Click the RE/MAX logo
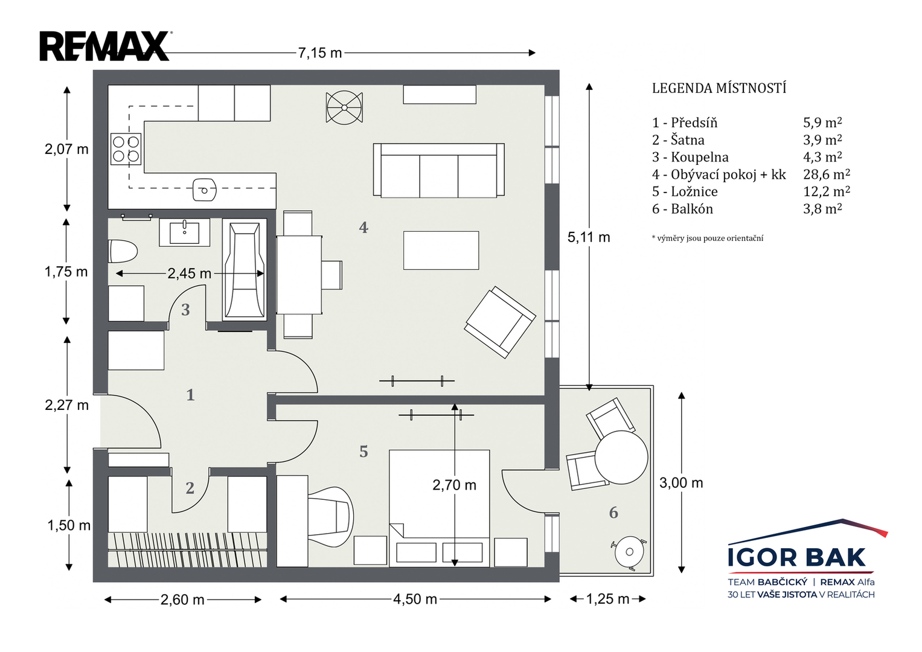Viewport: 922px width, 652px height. click(106, 46)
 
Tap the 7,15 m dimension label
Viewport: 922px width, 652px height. click(320, 53)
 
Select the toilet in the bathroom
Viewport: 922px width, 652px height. click(122, 251)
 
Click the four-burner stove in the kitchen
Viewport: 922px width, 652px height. click(126, 149)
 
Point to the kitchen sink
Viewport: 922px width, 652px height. click(205, 190)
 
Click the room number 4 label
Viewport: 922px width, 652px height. click(363, 227)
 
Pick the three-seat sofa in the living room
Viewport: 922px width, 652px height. click(439, 170)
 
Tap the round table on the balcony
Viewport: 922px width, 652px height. click(621, 457)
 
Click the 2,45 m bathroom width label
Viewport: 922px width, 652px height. click(190, 273)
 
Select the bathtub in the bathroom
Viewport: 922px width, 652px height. click(245, 270)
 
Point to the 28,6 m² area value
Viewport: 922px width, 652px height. click(827, 174)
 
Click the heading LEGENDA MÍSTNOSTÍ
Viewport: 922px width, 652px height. click(719, 88)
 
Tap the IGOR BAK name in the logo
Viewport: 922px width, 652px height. click(796, 557)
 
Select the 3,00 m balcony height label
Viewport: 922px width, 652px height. click(681, 482)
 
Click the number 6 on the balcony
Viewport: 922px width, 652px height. click(613, 513)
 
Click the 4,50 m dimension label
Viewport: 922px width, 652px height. click(415, 599)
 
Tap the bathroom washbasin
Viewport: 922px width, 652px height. click(184, 232)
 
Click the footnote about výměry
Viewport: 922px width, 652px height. click(708, 238)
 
